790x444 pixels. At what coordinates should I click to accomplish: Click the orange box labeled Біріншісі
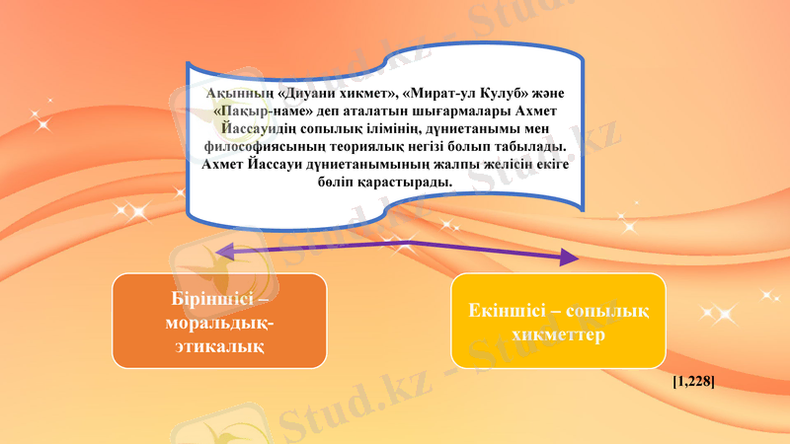(218, 321)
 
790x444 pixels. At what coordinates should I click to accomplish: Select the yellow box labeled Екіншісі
(558, 321)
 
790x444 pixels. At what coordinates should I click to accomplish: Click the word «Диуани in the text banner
(307, 93)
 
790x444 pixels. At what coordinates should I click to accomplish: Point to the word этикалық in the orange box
(218, 345)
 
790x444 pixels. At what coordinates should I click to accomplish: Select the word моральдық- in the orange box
(218, 322)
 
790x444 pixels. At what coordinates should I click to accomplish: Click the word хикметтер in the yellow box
(558, 334)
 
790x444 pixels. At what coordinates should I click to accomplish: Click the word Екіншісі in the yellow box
(506, 311)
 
